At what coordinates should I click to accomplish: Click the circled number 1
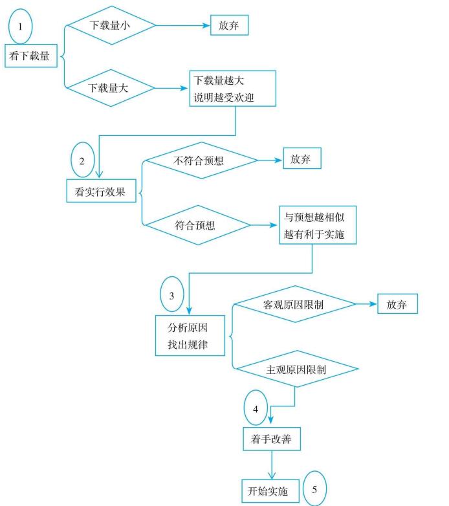coord(20,28)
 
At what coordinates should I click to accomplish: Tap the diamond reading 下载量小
coord(112,26)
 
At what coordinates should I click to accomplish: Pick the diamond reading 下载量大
coord(112,88)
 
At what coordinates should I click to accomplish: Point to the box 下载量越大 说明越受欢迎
coord(232,89)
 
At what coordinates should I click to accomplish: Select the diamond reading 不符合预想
coord(199,160)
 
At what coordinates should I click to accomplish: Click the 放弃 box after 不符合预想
coord(302,160)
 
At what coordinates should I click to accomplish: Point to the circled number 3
coord(171,296)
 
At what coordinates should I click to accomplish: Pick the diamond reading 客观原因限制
coord(294,304)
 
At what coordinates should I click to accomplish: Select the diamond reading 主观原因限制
coord(296,370)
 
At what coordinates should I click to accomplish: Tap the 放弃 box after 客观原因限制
coord(397,304)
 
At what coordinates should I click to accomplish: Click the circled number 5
coord(315,487)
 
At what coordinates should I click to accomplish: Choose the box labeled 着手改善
coord(272,439)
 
